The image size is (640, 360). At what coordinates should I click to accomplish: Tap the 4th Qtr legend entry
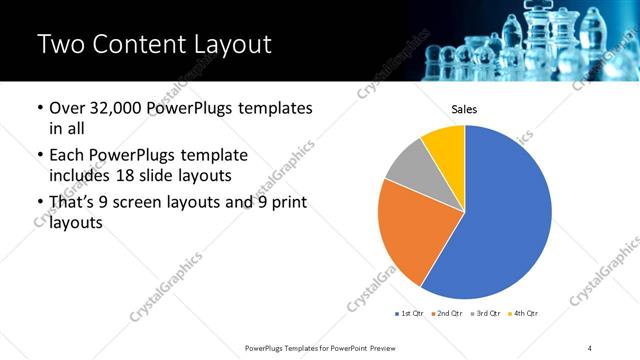point(525,313)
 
